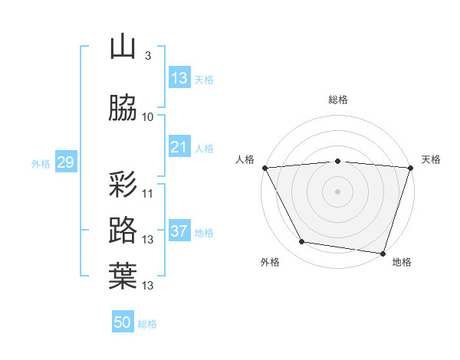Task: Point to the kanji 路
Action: pyautogui.click(x=123, y=230)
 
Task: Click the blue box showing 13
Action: pyautogui.click(x=179, y=78)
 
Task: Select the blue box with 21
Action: pyautogui.click(x=179, y=147)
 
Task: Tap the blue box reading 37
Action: pyautogui.click(x=179, y=231)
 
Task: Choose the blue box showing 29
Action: pyautogui.click(x=65, y=162)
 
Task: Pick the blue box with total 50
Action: pyautogui.click(x=123, y=322)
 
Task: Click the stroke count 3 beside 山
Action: pyautogui.click(x=147, y=56)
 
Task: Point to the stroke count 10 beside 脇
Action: pyautogui.click(x=148, y=117)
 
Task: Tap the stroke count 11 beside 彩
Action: pyautogui.click(x=148, y=193)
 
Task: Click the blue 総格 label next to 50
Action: pyautogui.click(x=148, y=324)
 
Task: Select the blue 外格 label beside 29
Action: pyautogui.click(x=41, y=163)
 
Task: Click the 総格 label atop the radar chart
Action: pyautogui.click(x=337, y=100)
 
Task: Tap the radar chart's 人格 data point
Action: pyautogui.click(x=264, y=168)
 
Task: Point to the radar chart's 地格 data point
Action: pyautogui.click(x=383, y=253)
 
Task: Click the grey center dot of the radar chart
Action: pyautogui.click(x=337, y=191)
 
